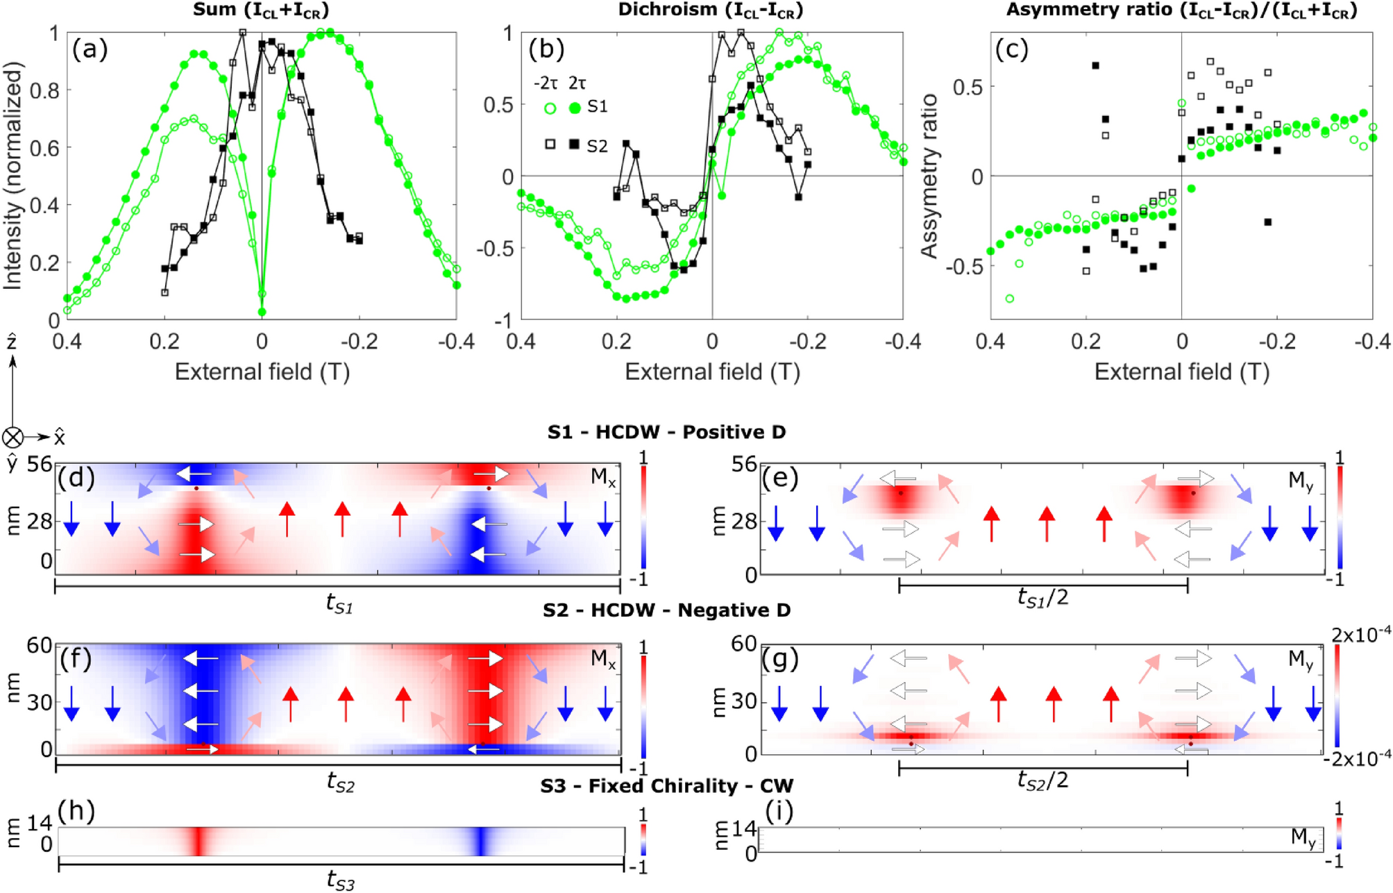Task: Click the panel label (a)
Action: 90,50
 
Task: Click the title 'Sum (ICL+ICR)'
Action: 261,10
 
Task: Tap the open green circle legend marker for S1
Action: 550,108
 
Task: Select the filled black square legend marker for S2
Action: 574,144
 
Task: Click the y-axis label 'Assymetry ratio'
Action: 929,176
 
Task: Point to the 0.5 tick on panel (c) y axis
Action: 969,87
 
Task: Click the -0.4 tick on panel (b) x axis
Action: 902,341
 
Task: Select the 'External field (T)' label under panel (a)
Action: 262,372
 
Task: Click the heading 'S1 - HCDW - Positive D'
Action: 666,432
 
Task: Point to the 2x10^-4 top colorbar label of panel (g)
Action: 1363,633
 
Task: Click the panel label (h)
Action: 77,810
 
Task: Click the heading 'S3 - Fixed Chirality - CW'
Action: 666,786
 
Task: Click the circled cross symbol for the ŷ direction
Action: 12,437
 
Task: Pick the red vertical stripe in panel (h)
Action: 199,841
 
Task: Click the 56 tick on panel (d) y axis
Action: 40,464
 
